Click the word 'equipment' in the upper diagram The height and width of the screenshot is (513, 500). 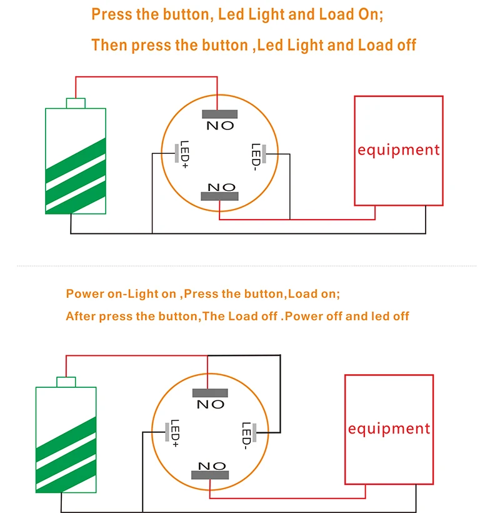click(x=398, y=150)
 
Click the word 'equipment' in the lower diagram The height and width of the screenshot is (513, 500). click(x=389, y=429)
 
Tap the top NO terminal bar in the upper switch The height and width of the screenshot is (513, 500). click(x=219, y=114)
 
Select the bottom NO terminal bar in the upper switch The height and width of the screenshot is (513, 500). click(x=219, y=196)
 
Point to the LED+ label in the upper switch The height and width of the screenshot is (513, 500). click(x=184, y=155)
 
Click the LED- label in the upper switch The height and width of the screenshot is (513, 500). click(x=256, y=157)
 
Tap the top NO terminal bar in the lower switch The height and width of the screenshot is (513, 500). click(x=210, y=393)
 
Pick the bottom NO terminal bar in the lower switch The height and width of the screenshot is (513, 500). click(x=210, y=475)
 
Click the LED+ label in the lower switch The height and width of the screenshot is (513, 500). click(x=175, y=433)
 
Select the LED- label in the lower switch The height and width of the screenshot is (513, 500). click(x=246, y=436)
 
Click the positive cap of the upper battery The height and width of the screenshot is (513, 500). click(x=76, y=103)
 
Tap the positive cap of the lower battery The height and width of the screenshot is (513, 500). click(x=66, y=382)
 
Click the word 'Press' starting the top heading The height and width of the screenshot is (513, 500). click(x=112, y=14)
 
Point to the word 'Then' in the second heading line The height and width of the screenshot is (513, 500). click(x=109, y=45)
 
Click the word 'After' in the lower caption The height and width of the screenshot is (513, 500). click(x=81, y=316)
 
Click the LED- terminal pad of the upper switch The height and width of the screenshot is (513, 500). click(x=264, y=154)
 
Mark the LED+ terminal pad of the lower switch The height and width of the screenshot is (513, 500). click(x=167, y=432)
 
